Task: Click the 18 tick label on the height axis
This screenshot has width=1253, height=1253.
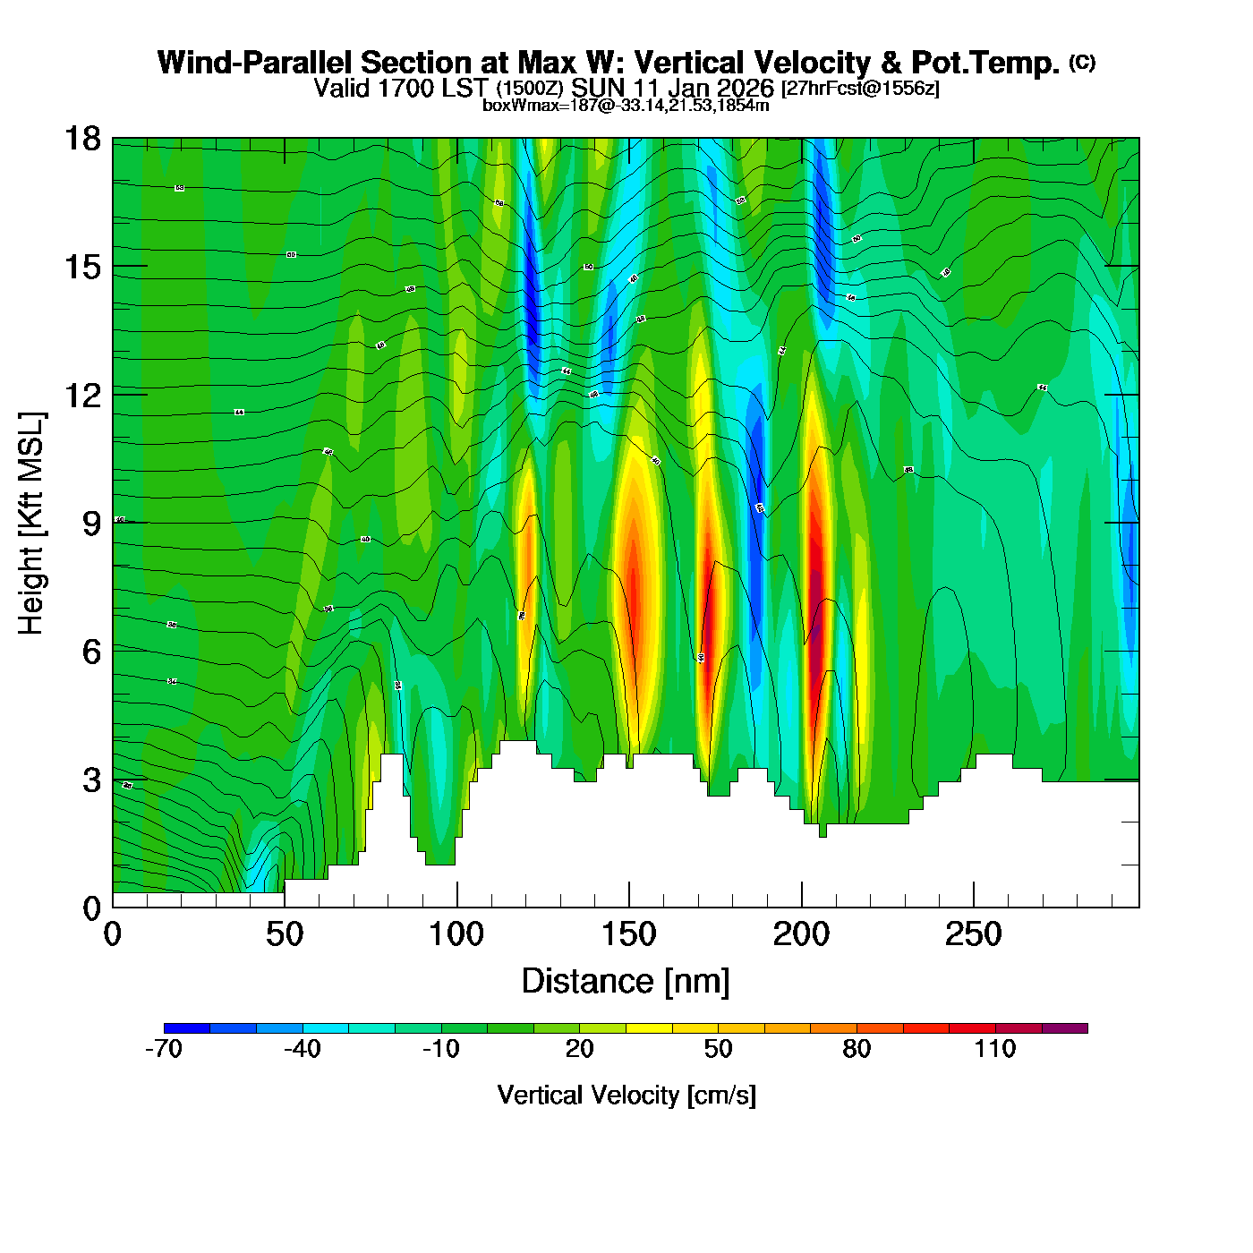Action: [x=82, y=139]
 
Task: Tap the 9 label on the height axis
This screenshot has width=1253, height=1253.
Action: [x=91, y=524]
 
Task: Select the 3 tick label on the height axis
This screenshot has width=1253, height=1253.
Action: [x=91, y=780]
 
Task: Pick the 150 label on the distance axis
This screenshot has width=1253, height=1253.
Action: [x=629, y=935]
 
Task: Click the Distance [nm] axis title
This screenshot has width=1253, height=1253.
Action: [x=626, y=982]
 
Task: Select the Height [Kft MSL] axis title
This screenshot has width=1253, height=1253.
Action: [x=31, y=524]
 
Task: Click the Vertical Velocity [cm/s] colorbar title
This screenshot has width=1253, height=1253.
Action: [x=626, y=1095]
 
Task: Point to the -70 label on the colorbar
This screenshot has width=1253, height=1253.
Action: [x=164, y=1050]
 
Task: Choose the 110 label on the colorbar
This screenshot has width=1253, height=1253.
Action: [x=995, y=1050]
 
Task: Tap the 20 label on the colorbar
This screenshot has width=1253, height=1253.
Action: [x=579, y=1050]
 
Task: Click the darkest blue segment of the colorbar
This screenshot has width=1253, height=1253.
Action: [x=187, y=1028]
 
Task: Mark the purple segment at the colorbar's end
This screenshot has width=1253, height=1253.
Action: [x=1065, y=1028]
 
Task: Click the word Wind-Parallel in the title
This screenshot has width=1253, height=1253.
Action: [x=256, y=64]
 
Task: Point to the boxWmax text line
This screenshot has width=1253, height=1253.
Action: [x=626, y=106]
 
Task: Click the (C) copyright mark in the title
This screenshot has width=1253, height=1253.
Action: [x=1082, y=62]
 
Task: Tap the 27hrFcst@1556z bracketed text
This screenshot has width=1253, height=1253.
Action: [x=860, y=89]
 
